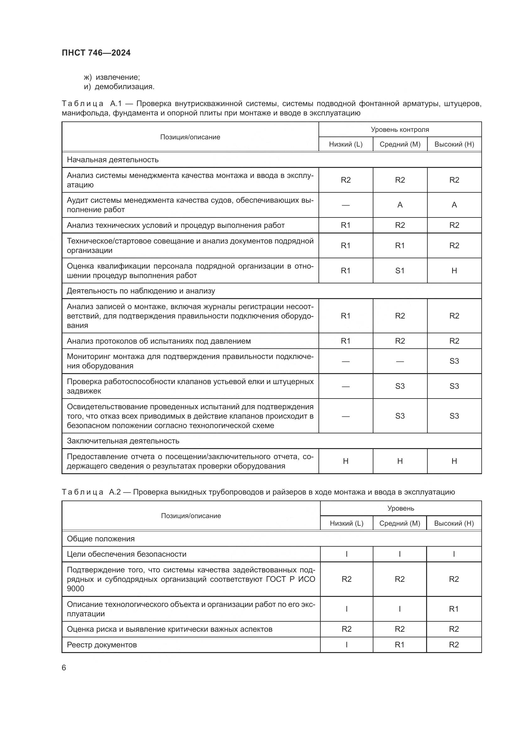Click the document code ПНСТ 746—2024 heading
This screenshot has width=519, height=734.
pyautogui.click(x=96, y=53)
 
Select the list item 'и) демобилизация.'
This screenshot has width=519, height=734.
pyautogui.click(x=119, y=87)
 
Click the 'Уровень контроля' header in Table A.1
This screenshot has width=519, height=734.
pyautogui.click(x=399, y=130)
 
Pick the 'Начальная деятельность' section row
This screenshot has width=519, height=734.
pyautogui.click(x=113, y=159)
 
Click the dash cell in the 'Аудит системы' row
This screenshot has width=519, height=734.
pyautogui.click(x=345, y=205)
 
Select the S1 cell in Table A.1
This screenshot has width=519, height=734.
pyautogui.click(x=399, y=271)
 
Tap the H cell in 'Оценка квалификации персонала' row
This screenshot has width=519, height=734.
pyautogui.click(x=454, y=271)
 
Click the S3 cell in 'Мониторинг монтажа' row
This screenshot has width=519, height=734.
pyautogui.click(x=454, y=361)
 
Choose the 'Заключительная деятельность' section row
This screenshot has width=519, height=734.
pyautogui.click(x=123, y=441)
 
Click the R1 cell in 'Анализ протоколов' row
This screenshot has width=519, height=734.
pyautogui.click(x=345, y=341)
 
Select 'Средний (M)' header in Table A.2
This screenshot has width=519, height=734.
pyautogui.click(x=399, y=523)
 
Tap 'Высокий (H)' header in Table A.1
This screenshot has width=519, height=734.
pyautogui.click(x=454, y=144)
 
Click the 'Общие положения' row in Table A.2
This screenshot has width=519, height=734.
pyautogui.click(x=101, y=539)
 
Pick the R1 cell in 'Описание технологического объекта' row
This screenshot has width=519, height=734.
pyautogui.click(x=454, y=609)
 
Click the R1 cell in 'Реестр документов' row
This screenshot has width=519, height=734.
pyautogui.click(x=399, y=645)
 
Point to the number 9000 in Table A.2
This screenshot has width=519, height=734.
pyautogui.click(x=75, y=588)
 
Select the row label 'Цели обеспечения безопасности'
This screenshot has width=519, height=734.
pyautogui.click(x=126, y=554)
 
